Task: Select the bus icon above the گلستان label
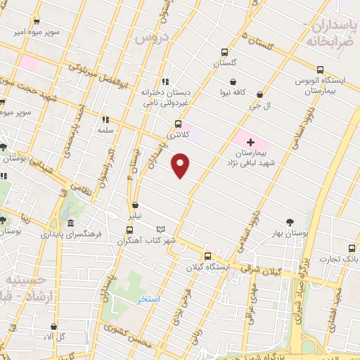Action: [225, 52]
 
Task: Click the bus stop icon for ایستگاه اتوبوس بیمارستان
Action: [320, 70]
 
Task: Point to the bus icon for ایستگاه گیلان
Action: [207, 257]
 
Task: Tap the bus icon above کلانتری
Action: [178, 124]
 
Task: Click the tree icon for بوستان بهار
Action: [290, 223]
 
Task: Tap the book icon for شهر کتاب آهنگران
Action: [161, 229]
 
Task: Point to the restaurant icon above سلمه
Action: [105, 120]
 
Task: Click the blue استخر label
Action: [149, 300]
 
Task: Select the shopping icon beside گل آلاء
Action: [54, 327]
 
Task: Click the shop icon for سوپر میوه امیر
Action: [36, 22]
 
